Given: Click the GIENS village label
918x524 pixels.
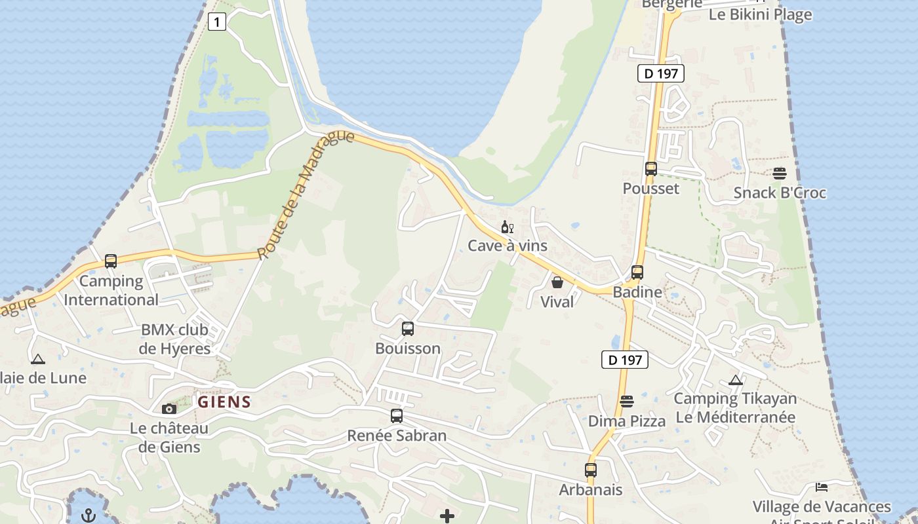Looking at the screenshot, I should coord(225,402).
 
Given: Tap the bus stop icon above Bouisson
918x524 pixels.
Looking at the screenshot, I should coord(408,329).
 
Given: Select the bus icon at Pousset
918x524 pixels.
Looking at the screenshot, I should coord(650,169).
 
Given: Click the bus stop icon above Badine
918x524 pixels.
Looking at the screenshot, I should coord(637,272).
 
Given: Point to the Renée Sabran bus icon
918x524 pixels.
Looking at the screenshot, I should coord(397,416).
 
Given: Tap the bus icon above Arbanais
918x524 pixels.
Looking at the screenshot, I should coord(591,470).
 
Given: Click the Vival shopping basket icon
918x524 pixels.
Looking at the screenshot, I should coord(557,282).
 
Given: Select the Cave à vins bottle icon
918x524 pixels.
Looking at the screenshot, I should coord(507,227).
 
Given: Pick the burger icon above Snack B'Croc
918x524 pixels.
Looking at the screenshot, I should coord(780,174).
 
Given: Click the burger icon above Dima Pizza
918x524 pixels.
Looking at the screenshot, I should coord(627,402).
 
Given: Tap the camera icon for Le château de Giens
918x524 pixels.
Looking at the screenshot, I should coord(169,409).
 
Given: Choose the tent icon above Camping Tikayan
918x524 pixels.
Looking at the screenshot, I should coord(736,380).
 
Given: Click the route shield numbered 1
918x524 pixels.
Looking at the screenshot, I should coord(217,22).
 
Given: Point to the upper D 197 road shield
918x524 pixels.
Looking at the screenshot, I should coord(661,73).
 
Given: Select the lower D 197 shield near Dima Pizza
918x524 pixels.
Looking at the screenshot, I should coord(625,360).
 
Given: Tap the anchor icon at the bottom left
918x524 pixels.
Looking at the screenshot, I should coord(89,515).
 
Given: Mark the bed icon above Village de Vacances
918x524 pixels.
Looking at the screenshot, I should coord(822,487).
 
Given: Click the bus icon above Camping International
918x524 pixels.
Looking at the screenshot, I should coord(111,261).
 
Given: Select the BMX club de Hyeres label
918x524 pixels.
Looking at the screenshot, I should coord(174,339).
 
